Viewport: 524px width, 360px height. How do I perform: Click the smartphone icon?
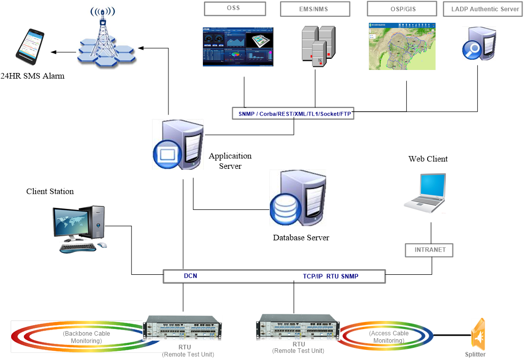point(30,46)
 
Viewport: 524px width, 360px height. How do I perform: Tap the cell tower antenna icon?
point(107,38)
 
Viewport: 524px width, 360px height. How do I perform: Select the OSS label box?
point(235,9)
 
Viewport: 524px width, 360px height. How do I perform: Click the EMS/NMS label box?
point(315,9)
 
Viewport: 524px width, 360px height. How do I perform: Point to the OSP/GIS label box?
point(402,9)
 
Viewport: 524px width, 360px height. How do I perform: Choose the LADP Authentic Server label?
point(483,9)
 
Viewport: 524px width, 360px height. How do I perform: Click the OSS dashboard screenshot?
point(237,47)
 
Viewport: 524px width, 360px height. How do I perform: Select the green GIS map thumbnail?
point(402,46)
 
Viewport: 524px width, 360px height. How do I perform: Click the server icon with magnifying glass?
point(479,44)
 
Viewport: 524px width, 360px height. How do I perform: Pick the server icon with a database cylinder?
point(298,198)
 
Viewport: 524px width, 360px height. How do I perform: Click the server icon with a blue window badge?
point(178,145)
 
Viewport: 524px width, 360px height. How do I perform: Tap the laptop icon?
point(425,193)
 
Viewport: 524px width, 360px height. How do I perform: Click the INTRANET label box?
point(430,250)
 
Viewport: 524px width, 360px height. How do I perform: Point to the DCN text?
point(191,276)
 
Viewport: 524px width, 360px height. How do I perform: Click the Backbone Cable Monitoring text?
point(86,337)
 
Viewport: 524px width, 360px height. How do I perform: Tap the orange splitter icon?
point(478,334)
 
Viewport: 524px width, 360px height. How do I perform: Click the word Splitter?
point(475,354)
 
